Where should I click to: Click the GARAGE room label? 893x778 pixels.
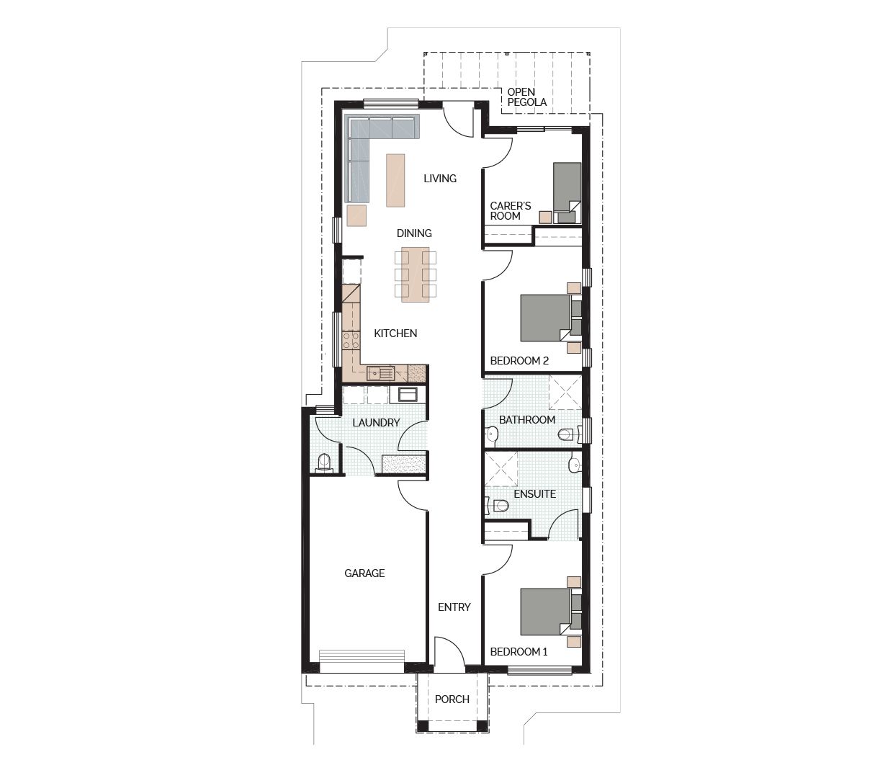(x=364, y=573)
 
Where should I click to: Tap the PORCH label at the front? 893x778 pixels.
(x=452, y=699)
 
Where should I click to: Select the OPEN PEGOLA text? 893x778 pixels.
(x=526, y=97)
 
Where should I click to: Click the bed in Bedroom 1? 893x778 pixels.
(x=545, y=612)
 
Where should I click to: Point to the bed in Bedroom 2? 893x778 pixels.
(x=545, y=317)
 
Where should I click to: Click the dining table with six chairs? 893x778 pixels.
(x=416, y=273)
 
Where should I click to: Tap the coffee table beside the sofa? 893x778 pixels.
(x=395, y=180)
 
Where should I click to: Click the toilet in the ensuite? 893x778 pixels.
(x=499, y=506)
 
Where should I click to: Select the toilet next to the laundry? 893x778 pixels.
(x=324, y=462)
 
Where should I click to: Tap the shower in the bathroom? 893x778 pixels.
(x=564, y=393)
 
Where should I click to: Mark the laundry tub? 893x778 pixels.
(x=408, y=394)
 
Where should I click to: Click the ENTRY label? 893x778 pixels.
(x=454, y=607)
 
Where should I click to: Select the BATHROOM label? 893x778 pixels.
(x=527, y=420)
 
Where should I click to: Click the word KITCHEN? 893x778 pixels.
(x=395, y=334)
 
